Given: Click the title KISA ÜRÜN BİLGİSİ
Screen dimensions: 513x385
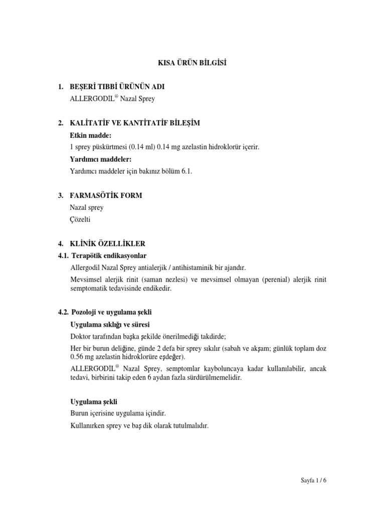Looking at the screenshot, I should coord(192,63).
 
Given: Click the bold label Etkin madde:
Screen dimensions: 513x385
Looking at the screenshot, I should coord(91,135).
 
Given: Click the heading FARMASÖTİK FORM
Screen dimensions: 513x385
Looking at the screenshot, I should coord(106,195).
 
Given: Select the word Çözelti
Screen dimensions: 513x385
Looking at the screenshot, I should coord(82,219).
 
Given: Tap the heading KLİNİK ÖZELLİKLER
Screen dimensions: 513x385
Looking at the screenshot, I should coord(108,244).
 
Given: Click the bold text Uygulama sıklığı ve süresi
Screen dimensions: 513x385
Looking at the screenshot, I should coord(110,324).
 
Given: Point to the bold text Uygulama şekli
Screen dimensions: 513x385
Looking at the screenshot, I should coord(94,402).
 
